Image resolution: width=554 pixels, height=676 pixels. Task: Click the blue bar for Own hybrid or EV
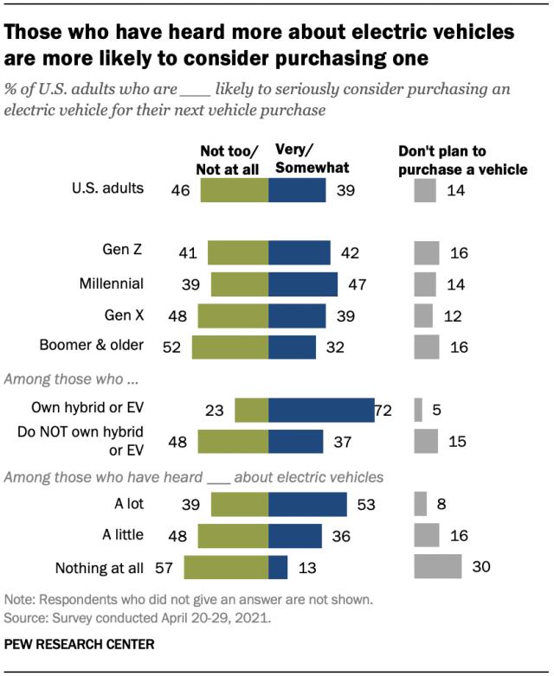pos(320,410)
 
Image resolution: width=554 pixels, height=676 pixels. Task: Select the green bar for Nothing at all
pos(226,567)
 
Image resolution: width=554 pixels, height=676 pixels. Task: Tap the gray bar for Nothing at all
pos(437,567)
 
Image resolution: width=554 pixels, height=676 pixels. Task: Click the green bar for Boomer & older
pos(229,347)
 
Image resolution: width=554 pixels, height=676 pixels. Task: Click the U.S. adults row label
pos(109,188)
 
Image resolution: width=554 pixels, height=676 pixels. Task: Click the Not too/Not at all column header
pos(229,156)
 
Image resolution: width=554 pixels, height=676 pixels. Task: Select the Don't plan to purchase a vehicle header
pos(462,160)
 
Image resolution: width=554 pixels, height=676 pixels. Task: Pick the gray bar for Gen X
pos(423,316)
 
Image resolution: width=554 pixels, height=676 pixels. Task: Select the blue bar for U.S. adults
pos(297,189)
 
